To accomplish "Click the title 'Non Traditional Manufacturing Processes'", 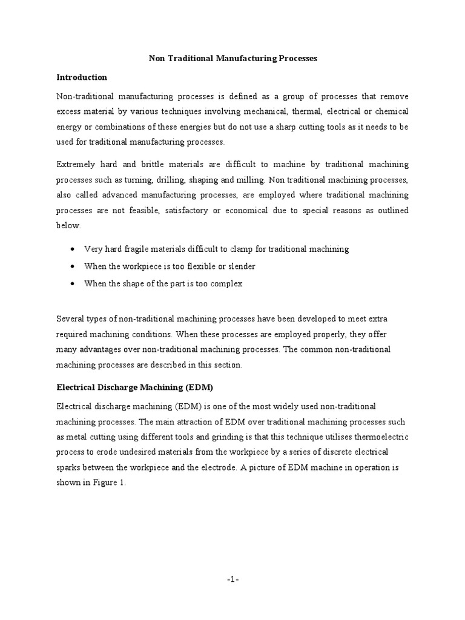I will click(x=233, y=59).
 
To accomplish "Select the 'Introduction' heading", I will click(x=82, y=77).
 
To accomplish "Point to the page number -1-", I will click(x=233, y=579).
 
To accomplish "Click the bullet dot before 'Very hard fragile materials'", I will click(x=73, y=249).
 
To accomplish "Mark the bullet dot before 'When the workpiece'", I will click(x=73, y=266).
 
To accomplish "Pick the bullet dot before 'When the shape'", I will click(x=73, y=283).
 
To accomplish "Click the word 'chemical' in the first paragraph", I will click(x=391, y=111).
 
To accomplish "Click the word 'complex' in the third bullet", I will click(x=227, y=283).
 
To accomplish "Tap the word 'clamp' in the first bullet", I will click(x=234, y=249).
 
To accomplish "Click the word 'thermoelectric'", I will click(x=377, y=437).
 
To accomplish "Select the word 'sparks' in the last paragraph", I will click(x=70, y=468).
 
